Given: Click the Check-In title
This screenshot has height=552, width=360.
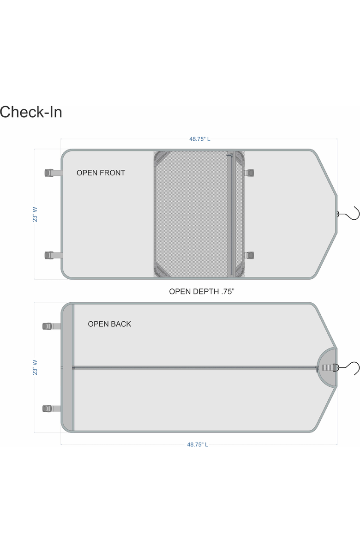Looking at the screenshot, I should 31,112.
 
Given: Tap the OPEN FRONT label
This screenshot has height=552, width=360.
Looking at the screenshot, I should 101,173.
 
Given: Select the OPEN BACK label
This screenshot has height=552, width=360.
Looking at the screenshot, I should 109,324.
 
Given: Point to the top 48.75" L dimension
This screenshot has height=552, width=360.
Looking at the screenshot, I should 199,139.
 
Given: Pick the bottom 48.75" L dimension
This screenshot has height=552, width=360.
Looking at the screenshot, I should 198,444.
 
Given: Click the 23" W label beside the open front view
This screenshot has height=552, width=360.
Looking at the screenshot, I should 35,214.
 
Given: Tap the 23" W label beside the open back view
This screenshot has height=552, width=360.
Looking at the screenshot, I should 35,367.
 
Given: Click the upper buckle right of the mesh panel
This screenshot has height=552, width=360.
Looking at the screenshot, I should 250,173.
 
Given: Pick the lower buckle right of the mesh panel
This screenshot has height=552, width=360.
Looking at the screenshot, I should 250,255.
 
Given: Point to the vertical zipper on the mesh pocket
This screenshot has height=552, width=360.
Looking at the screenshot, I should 231,215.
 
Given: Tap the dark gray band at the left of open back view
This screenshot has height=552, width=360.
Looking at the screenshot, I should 68,367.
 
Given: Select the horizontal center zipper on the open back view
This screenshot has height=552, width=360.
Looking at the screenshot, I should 194,367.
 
